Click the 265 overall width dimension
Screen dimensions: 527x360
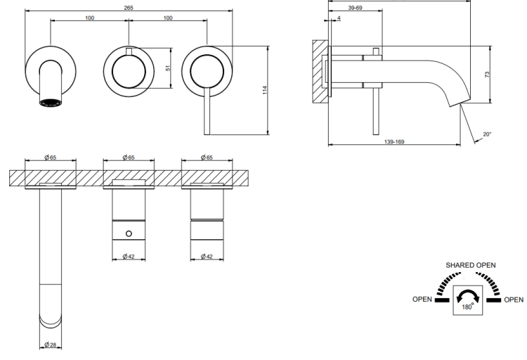[x=129, y=8]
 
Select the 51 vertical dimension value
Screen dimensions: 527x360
[x=168, y=67]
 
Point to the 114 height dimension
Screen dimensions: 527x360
[x=265, y=90]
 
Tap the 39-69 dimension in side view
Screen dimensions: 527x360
[x=355, y=8]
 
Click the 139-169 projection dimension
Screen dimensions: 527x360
[x=394, y=141]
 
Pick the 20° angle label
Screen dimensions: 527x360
[x=487, y=134]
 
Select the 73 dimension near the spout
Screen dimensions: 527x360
[x=487, y=75]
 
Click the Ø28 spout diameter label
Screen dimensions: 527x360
[x=51, y=345]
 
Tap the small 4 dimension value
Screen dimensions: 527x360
[x=339, y=18]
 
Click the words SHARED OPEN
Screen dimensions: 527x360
[x=471, y=265]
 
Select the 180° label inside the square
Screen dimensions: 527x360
[x=467, y=307]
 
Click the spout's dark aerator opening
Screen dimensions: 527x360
[x=51, y=103]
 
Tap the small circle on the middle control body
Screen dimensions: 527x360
[x=129, y=233]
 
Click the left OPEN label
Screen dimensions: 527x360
[x=422, y=299]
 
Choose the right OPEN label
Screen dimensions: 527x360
[x=514, y=300]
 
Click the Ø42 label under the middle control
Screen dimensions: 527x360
[x=129, y=257]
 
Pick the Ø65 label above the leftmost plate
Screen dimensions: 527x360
[x=51, y=157]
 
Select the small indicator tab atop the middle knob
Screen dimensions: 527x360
[x=129, y=51]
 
